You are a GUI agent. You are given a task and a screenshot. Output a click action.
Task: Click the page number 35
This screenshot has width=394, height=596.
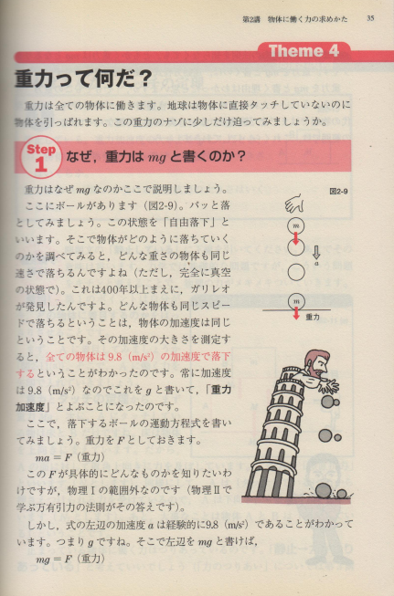click(370, 18)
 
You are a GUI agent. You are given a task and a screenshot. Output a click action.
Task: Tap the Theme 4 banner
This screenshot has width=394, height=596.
click(304, 51)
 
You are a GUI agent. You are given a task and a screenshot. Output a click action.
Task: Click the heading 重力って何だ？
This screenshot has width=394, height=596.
click(83, 79)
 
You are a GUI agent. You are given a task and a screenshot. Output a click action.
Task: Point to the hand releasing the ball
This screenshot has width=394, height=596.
click(296, 204)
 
